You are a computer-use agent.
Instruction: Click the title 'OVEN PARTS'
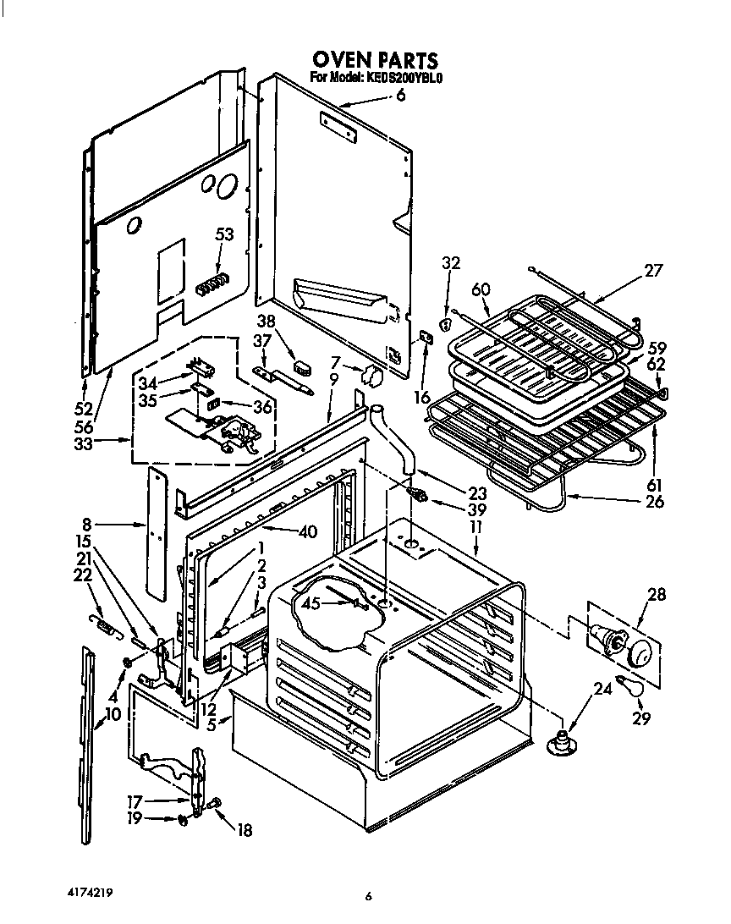tap(375, 60)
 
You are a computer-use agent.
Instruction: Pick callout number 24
tap(602, 688)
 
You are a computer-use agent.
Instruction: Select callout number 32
tap(450, 263)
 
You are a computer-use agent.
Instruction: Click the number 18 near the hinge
tap(244, 830)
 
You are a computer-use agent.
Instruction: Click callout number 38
tap(267, 322)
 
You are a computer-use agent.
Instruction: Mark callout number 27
tap(652, 271)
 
